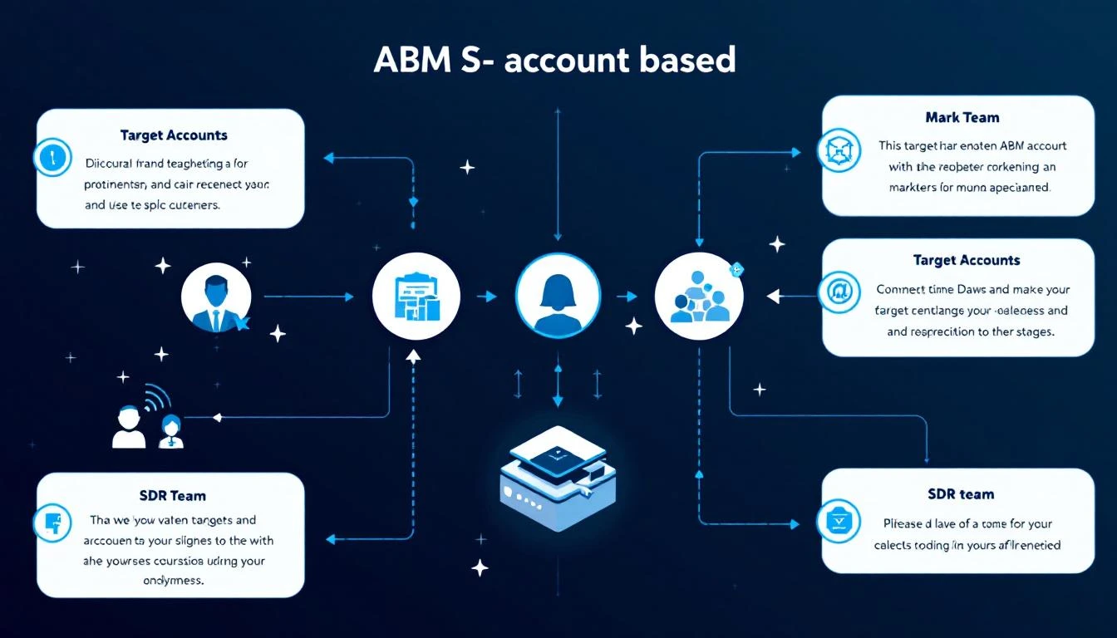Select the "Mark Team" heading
click(962, 117)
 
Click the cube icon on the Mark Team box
click(835, 150)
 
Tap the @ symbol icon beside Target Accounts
click(837, 292)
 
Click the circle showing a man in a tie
click(214, 297)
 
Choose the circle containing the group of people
click(697, 296)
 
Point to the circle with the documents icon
click(415, 297)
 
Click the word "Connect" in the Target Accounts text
click(903, 290)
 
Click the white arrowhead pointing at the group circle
click(773, 295)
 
